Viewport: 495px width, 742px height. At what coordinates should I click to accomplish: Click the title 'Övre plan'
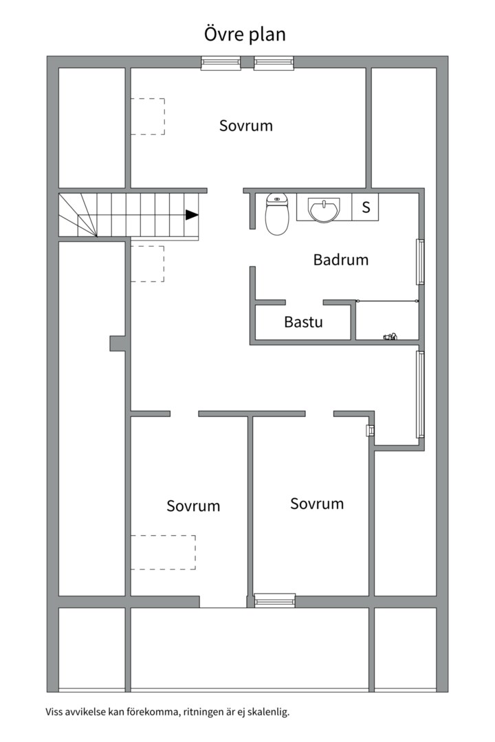245,34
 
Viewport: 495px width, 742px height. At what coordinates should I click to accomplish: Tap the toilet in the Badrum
276,214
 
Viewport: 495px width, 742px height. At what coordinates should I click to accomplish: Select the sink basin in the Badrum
324,209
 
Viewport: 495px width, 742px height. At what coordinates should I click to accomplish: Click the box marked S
365,207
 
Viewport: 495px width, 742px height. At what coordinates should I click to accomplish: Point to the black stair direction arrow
191,215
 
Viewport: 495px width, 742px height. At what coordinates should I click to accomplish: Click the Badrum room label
340,259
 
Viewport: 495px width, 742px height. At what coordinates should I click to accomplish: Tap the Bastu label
303,322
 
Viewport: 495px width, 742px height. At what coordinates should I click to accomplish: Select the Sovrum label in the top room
246,126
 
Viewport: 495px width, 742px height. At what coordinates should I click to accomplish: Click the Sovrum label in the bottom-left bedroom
193,506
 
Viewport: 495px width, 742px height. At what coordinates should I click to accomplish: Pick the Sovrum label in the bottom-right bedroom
317,504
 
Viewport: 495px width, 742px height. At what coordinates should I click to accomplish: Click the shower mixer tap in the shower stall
390,337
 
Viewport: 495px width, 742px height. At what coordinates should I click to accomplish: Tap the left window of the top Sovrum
221,63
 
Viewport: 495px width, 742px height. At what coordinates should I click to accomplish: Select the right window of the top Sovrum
274,63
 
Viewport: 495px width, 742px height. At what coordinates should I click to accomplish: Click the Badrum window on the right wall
419,262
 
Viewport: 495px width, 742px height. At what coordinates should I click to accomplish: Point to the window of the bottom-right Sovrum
275,600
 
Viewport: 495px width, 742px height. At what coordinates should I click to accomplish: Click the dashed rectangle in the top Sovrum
148,116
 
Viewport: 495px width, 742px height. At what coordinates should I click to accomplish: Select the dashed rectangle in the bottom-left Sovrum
163,552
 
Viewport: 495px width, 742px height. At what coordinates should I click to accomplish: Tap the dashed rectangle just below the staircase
147,264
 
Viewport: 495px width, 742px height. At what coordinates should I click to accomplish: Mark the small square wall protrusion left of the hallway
118,344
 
